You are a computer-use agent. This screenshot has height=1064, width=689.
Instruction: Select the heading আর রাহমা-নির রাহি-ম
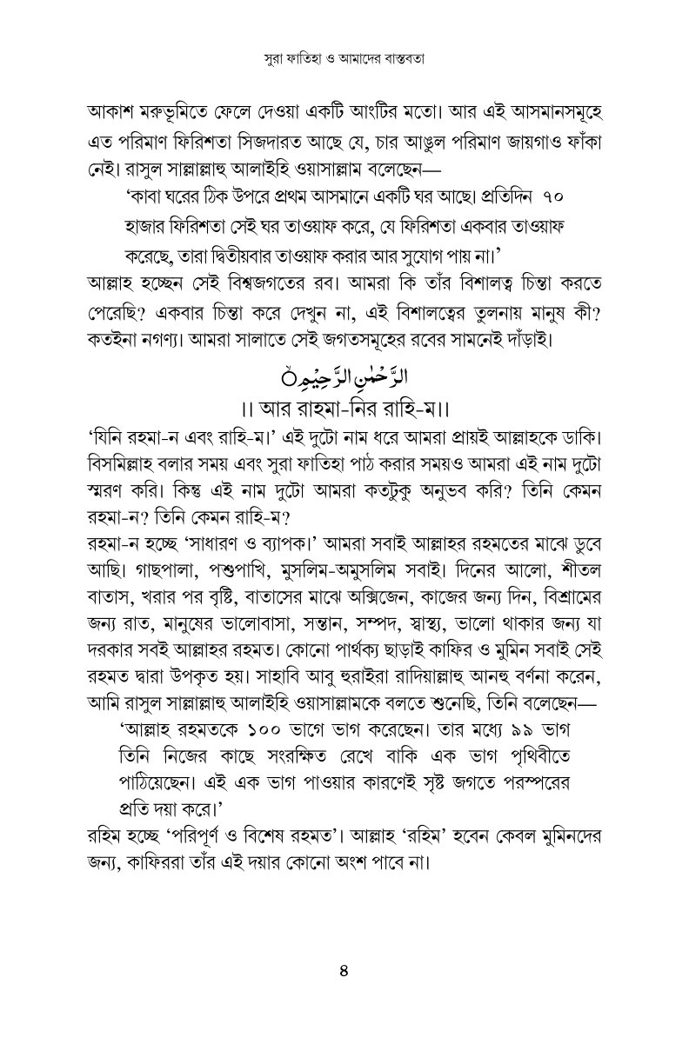(344, 407)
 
